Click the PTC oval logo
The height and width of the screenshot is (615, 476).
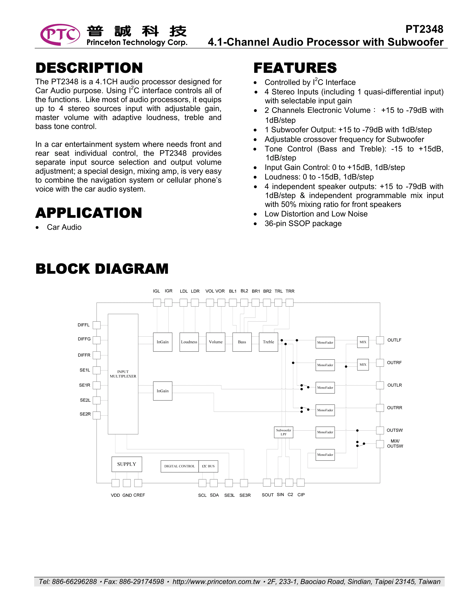[x=60, y=35]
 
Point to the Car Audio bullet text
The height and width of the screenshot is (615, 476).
[x=64, y=227]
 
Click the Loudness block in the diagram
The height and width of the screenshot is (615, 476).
[x=189, y=342]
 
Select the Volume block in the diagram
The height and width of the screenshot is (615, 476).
[x=215, y=342]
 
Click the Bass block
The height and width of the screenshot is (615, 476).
[x=242, y=342]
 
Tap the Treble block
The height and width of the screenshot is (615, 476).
[x=268, y=342]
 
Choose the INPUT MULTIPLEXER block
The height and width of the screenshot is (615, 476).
[x=123, y=374]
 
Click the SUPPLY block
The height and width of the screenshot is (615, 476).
[x=127, y=464]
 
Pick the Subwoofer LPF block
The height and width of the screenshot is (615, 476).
[x=283, y=432]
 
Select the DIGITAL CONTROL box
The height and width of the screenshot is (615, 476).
[x=180, y=466]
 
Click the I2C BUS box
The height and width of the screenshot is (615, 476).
[x=208, y=466]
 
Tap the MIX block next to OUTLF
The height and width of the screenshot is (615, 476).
[x=363, y=342]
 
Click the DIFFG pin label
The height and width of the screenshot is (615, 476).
[x=84, y=339]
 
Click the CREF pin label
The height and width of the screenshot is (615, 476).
[x=139, y=495]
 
